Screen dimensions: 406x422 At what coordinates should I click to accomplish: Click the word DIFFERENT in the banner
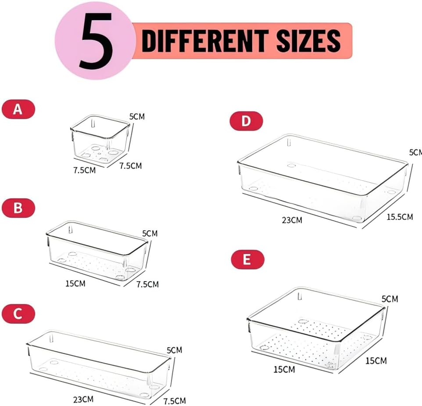click(x=205, y=41)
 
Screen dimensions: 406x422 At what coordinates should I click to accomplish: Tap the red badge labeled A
click(x=18, y=109)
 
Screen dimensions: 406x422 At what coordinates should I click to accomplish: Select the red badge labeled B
click(x=18, y=208)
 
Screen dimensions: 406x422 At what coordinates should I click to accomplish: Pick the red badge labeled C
click(x=18, y=314)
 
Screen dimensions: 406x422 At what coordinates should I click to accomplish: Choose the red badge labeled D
click(x=246, y=121)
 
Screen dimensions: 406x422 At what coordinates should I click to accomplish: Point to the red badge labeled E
click(x=247, y=260)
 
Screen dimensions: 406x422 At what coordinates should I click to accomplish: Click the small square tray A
click(x=100, y=139)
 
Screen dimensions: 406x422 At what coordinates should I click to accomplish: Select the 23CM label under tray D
click(x=292, y=220)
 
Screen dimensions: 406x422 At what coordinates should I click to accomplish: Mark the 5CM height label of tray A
click(x=137, y=117)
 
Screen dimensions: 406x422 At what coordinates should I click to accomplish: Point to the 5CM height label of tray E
click(x=390, y=299)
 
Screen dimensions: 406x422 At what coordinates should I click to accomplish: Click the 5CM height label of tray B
click(x=150, y=233)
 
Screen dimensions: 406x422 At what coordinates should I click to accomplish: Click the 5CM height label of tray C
click(x=174, y=350)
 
